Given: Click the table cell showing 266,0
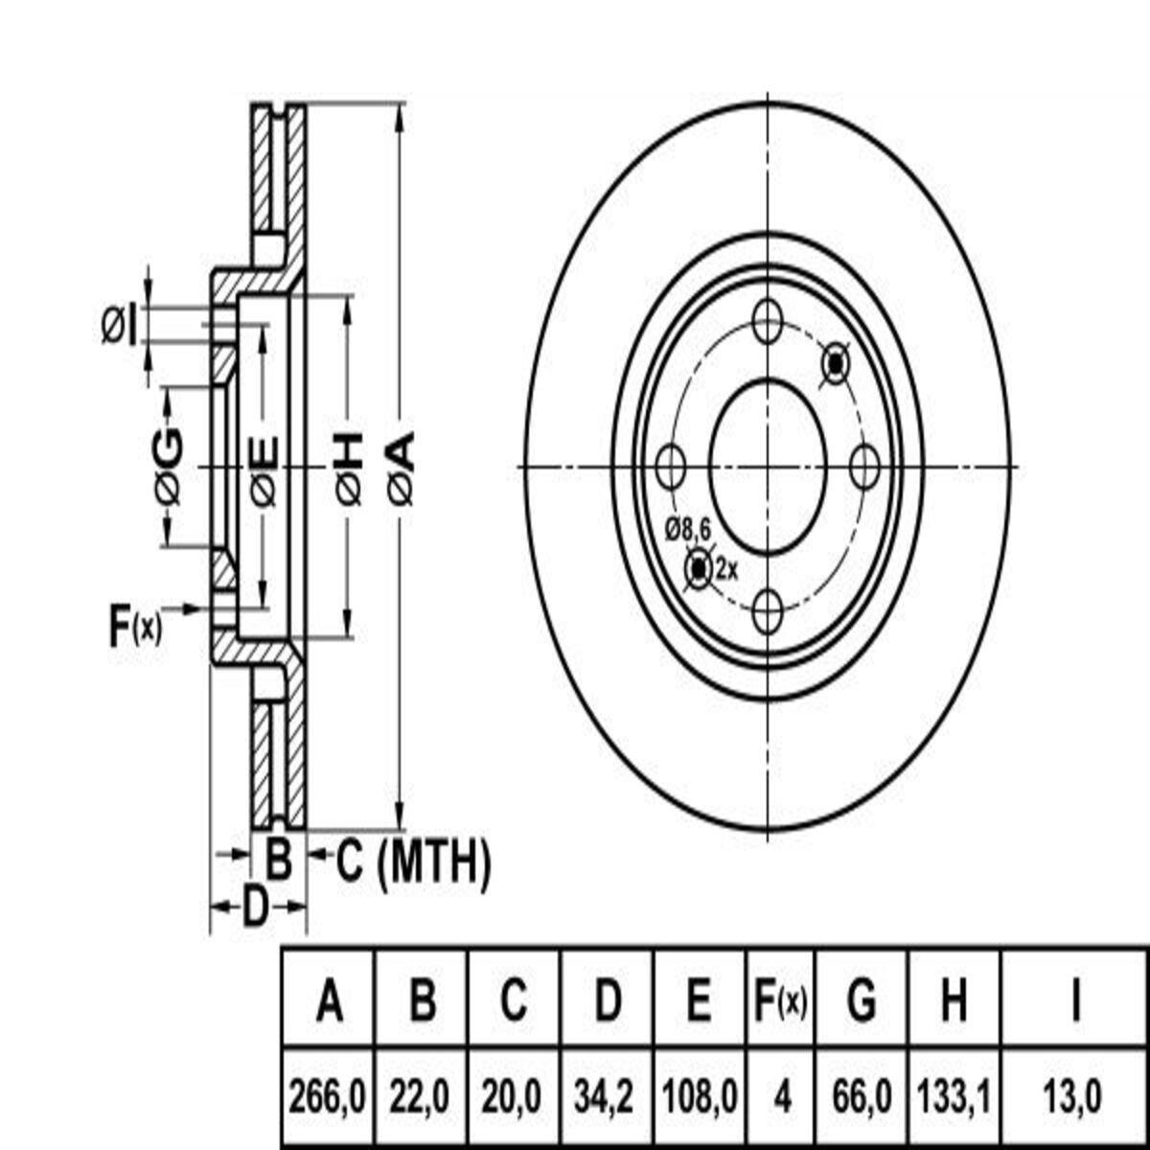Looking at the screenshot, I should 328,1095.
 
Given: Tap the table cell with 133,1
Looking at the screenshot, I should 953,1095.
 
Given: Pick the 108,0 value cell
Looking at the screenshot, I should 701,1095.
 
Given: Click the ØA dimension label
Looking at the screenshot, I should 402,467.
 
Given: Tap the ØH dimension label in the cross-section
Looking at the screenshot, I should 349,467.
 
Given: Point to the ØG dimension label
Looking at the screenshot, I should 169,467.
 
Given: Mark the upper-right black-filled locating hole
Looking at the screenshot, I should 836,364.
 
